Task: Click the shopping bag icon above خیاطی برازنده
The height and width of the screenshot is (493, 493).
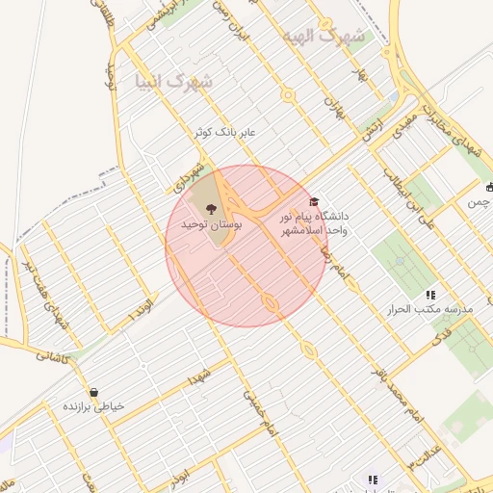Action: coord(93,392)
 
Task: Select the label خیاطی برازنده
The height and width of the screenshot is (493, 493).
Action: coord(93,406)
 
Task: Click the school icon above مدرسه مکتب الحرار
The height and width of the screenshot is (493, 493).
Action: coord(429,294)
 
